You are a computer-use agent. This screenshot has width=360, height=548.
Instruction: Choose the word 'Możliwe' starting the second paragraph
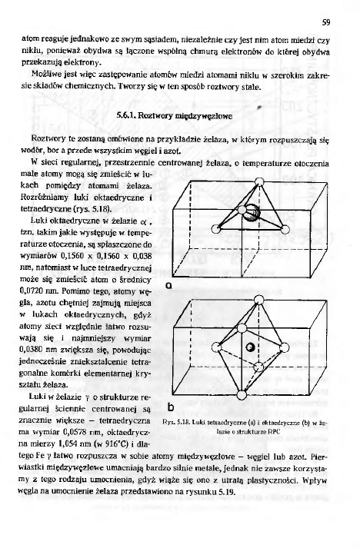pyautogui.click(x=46, y=77)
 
